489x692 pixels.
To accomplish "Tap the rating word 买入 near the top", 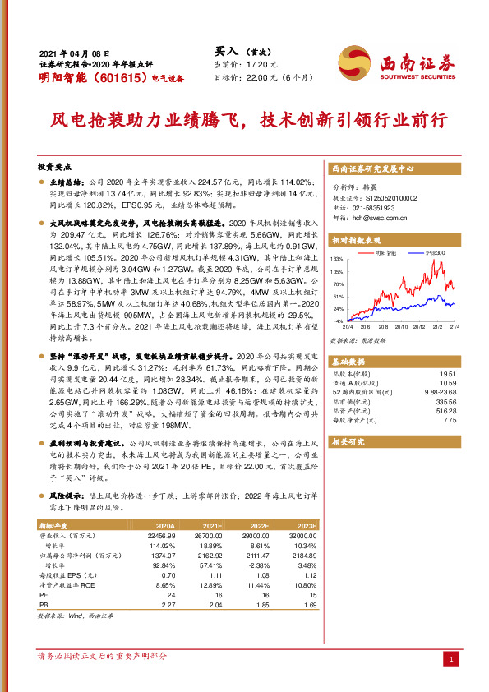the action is [227, 50].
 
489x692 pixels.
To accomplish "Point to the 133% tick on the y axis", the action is [338, 260].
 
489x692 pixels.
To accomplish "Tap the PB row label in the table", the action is [44, 606].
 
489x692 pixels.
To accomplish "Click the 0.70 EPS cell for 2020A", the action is [168, 575].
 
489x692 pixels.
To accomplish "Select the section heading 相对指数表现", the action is [358, 241].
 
